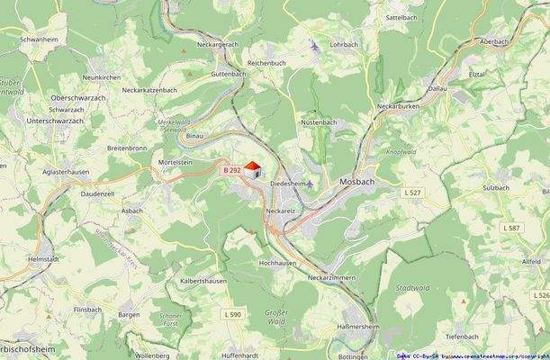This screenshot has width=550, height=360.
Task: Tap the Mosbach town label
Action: click(357, 182)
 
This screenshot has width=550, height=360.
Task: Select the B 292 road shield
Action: click(232, 169)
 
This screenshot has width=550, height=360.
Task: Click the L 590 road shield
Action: click(232, 313)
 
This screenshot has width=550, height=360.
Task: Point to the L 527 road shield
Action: click(412, 192)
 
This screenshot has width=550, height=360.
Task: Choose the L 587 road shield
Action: click(514, 228)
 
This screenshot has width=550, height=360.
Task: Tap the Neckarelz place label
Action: click(281, 211)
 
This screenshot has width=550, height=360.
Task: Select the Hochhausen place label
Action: click(277, 263)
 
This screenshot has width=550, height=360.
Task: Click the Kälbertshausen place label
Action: click(203, 281)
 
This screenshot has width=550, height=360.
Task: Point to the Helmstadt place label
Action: click(43, 258)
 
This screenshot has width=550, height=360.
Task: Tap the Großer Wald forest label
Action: click(275, 317)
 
